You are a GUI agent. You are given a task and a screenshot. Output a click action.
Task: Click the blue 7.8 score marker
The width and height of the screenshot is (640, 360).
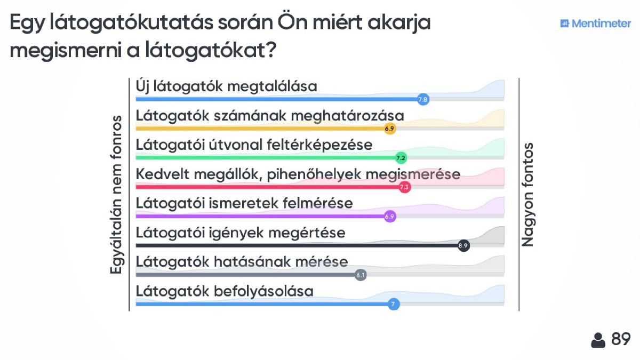423,99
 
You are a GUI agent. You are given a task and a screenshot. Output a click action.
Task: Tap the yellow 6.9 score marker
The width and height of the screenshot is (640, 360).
390,129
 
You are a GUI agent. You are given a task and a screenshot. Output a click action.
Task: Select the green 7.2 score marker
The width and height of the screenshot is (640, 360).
401,158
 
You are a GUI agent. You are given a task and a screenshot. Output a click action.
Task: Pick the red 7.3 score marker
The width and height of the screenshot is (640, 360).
404,187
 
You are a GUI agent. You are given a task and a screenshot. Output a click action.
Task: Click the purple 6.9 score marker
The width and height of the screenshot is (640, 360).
390,217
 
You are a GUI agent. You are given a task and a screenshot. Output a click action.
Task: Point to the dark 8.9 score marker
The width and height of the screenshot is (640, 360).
463,246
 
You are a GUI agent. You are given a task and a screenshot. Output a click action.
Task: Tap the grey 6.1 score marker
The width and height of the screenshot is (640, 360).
361,275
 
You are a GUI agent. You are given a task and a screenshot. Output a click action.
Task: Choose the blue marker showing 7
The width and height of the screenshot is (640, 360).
394,305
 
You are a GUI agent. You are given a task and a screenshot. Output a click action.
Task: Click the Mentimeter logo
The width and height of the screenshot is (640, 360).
595,23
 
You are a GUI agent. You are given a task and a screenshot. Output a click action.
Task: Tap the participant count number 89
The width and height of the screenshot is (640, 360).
621,339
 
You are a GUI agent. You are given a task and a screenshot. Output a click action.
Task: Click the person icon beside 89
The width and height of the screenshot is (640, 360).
598,340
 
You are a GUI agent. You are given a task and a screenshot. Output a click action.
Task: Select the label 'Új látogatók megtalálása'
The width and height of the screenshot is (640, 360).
226,86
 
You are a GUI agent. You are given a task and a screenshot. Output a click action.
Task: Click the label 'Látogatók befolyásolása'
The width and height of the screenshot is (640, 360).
225,291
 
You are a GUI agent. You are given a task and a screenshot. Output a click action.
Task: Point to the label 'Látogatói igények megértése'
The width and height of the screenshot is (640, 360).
241,233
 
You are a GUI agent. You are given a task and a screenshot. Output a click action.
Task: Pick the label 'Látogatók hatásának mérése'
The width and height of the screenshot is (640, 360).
242,262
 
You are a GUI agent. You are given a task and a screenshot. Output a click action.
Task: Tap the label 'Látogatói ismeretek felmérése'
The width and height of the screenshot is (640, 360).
244,203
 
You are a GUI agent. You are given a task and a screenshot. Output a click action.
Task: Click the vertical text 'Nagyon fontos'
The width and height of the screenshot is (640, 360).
527,194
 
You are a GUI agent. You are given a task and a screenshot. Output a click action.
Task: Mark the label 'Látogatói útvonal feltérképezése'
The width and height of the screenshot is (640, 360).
254,145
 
